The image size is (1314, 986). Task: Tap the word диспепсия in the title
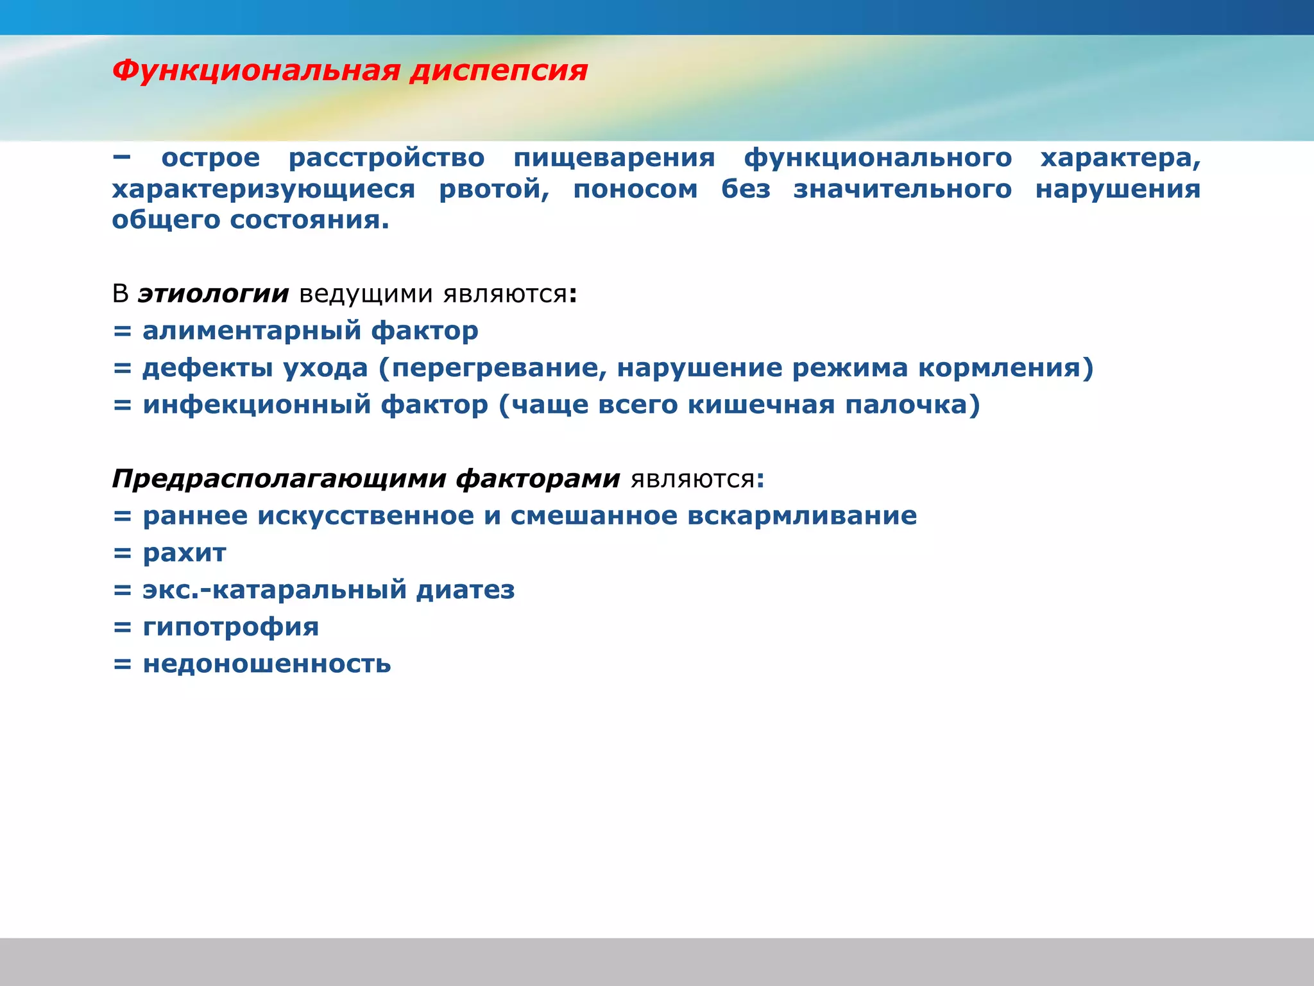[x=499, y=71]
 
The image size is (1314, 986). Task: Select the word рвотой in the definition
[x=493, y=189]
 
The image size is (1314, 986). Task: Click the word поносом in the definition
[x=635, y=189]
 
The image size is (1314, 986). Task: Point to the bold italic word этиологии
[x=213, y=294]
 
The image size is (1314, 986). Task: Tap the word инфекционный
[x=257, y=405]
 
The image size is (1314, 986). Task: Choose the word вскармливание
[x=802, y=516]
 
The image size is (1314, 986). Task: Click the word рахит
[x=184, y=553]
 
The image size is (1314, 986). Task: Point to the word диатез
[x=465, y=590]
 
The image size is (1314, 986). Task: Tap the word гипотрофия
[x=230, y=627]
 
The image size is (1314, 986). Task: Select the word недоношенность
[x=266, y=664]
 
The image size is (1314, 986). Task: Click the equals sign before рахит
[x=122, y=553]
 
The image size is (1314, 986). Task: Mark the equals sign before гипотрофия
[x=122, y=627]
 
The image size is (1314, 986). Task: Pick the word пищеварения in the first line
[x=614, y=159]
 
